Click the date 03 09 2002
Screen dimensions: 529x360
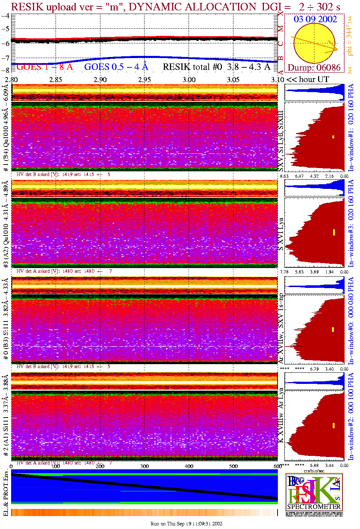315,19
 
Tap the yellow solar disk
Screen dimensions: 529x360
314,43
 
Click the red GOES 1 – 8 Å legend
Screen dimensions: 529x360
44,67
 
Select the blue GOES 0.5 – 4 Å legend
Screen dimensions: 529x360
116,67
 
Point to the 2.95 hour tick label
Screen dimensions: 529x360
145,80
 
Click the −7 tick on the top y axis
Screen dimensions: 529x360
5,58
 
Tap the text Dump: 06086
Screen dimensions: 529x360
314,68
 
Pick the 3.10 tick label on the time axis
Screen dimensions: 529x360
277,80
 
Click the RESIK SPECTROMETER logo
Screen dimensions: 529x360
314,492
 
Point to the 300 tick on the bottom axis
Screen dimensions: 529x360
145,466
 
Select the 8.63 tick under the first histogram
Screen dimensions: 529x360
284,176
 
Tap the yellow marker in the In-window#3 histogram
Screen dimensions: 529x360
334,232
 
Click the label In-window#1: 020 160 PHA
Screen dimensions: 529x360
351,127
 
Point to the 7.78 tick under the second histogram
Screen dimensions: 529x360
284,272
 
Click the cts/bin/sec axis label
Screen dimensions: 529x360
314,471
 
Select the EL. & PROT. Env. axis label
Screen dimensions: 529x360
6,493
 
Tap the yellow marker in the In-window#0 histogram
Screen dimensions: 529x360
333,329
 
